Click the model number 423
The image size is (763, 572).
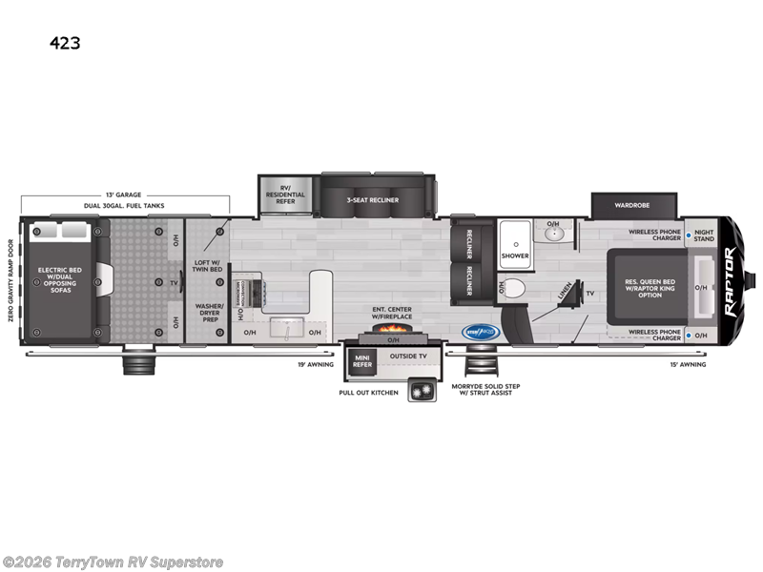click(68, 42)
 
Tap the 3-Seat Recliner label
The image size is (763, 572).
click(373, 199)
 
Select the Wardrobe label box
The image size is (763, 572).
click(633, 205)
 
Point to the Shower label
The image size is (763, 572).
click(515, 255)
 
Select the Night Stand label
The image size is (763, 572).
click(703, 235)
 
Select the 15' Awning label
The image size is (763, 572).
click(687, 364)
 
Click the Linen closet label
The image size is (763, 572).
click(565, 293)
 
